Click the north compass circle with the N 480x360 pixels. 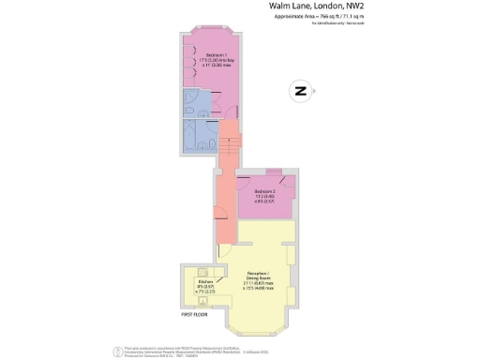point(300,91)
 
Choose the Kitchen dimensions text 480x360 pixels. point(205,290)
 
